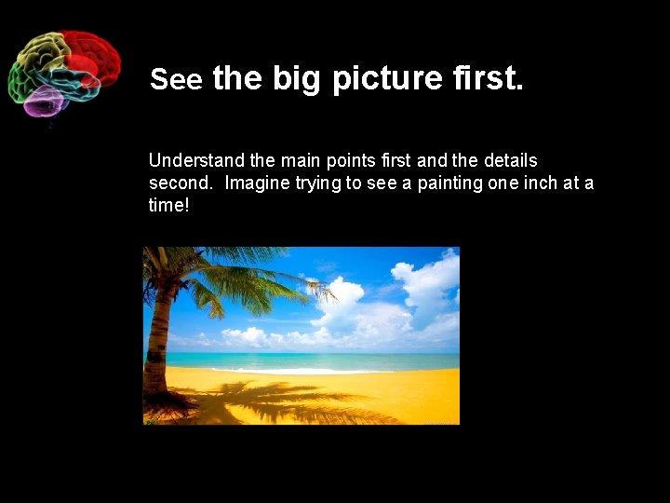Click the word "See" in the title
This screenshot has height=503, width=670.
click(176, 81)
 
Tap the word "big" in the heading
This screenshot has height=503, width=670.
click(297, 79)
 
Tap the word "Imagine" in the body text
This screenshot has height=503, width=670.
click(256, 184)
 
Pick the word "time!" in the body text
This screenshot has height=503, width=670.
click(168, 205)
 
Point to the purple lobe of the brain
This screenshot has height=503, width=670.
click(42, 101)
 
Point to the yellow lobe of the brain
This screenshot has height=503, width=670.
click(43, 51)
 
